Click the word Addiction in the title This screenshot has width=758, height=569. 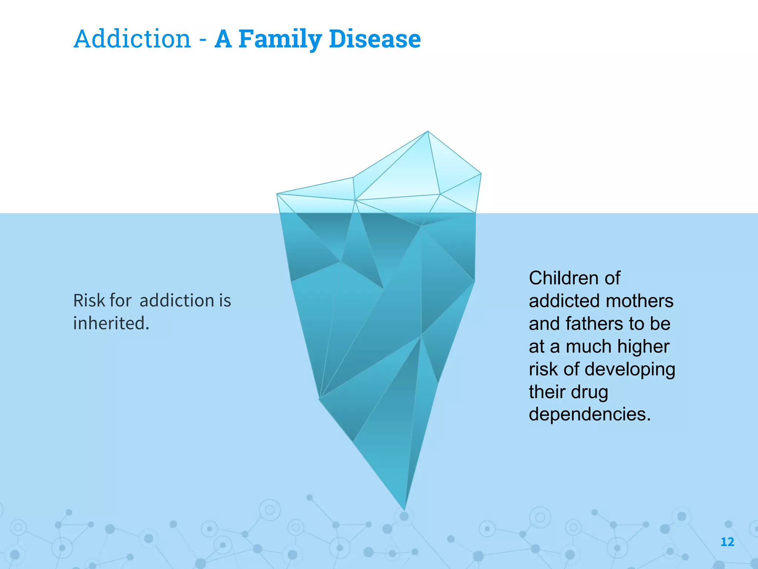pyautogui.click(x=132, y=39)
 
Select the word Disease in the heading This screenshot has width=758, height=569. pyautogui.click(x=375, y=39)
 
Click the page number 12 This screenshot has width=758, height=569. pyautogui.click(x=727, y=542)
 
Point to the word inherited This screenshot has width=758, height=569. pyautogui.click(x=111, y=323)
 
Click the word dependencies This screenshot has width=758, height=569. pyautogui.click(x=589, y=414)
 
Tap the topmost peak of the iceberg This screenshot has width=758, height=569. pyautogui.click(x=428, y=132)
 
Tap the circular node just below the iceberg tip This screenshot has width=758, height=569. pyautogui.click(x=404, y=516)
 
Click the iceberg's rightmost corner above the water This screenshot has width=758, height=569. pyautogui.click(x=480, y=174)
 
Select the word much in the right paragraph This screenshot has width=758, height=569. pyautogui.click(x=588, y=346)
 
